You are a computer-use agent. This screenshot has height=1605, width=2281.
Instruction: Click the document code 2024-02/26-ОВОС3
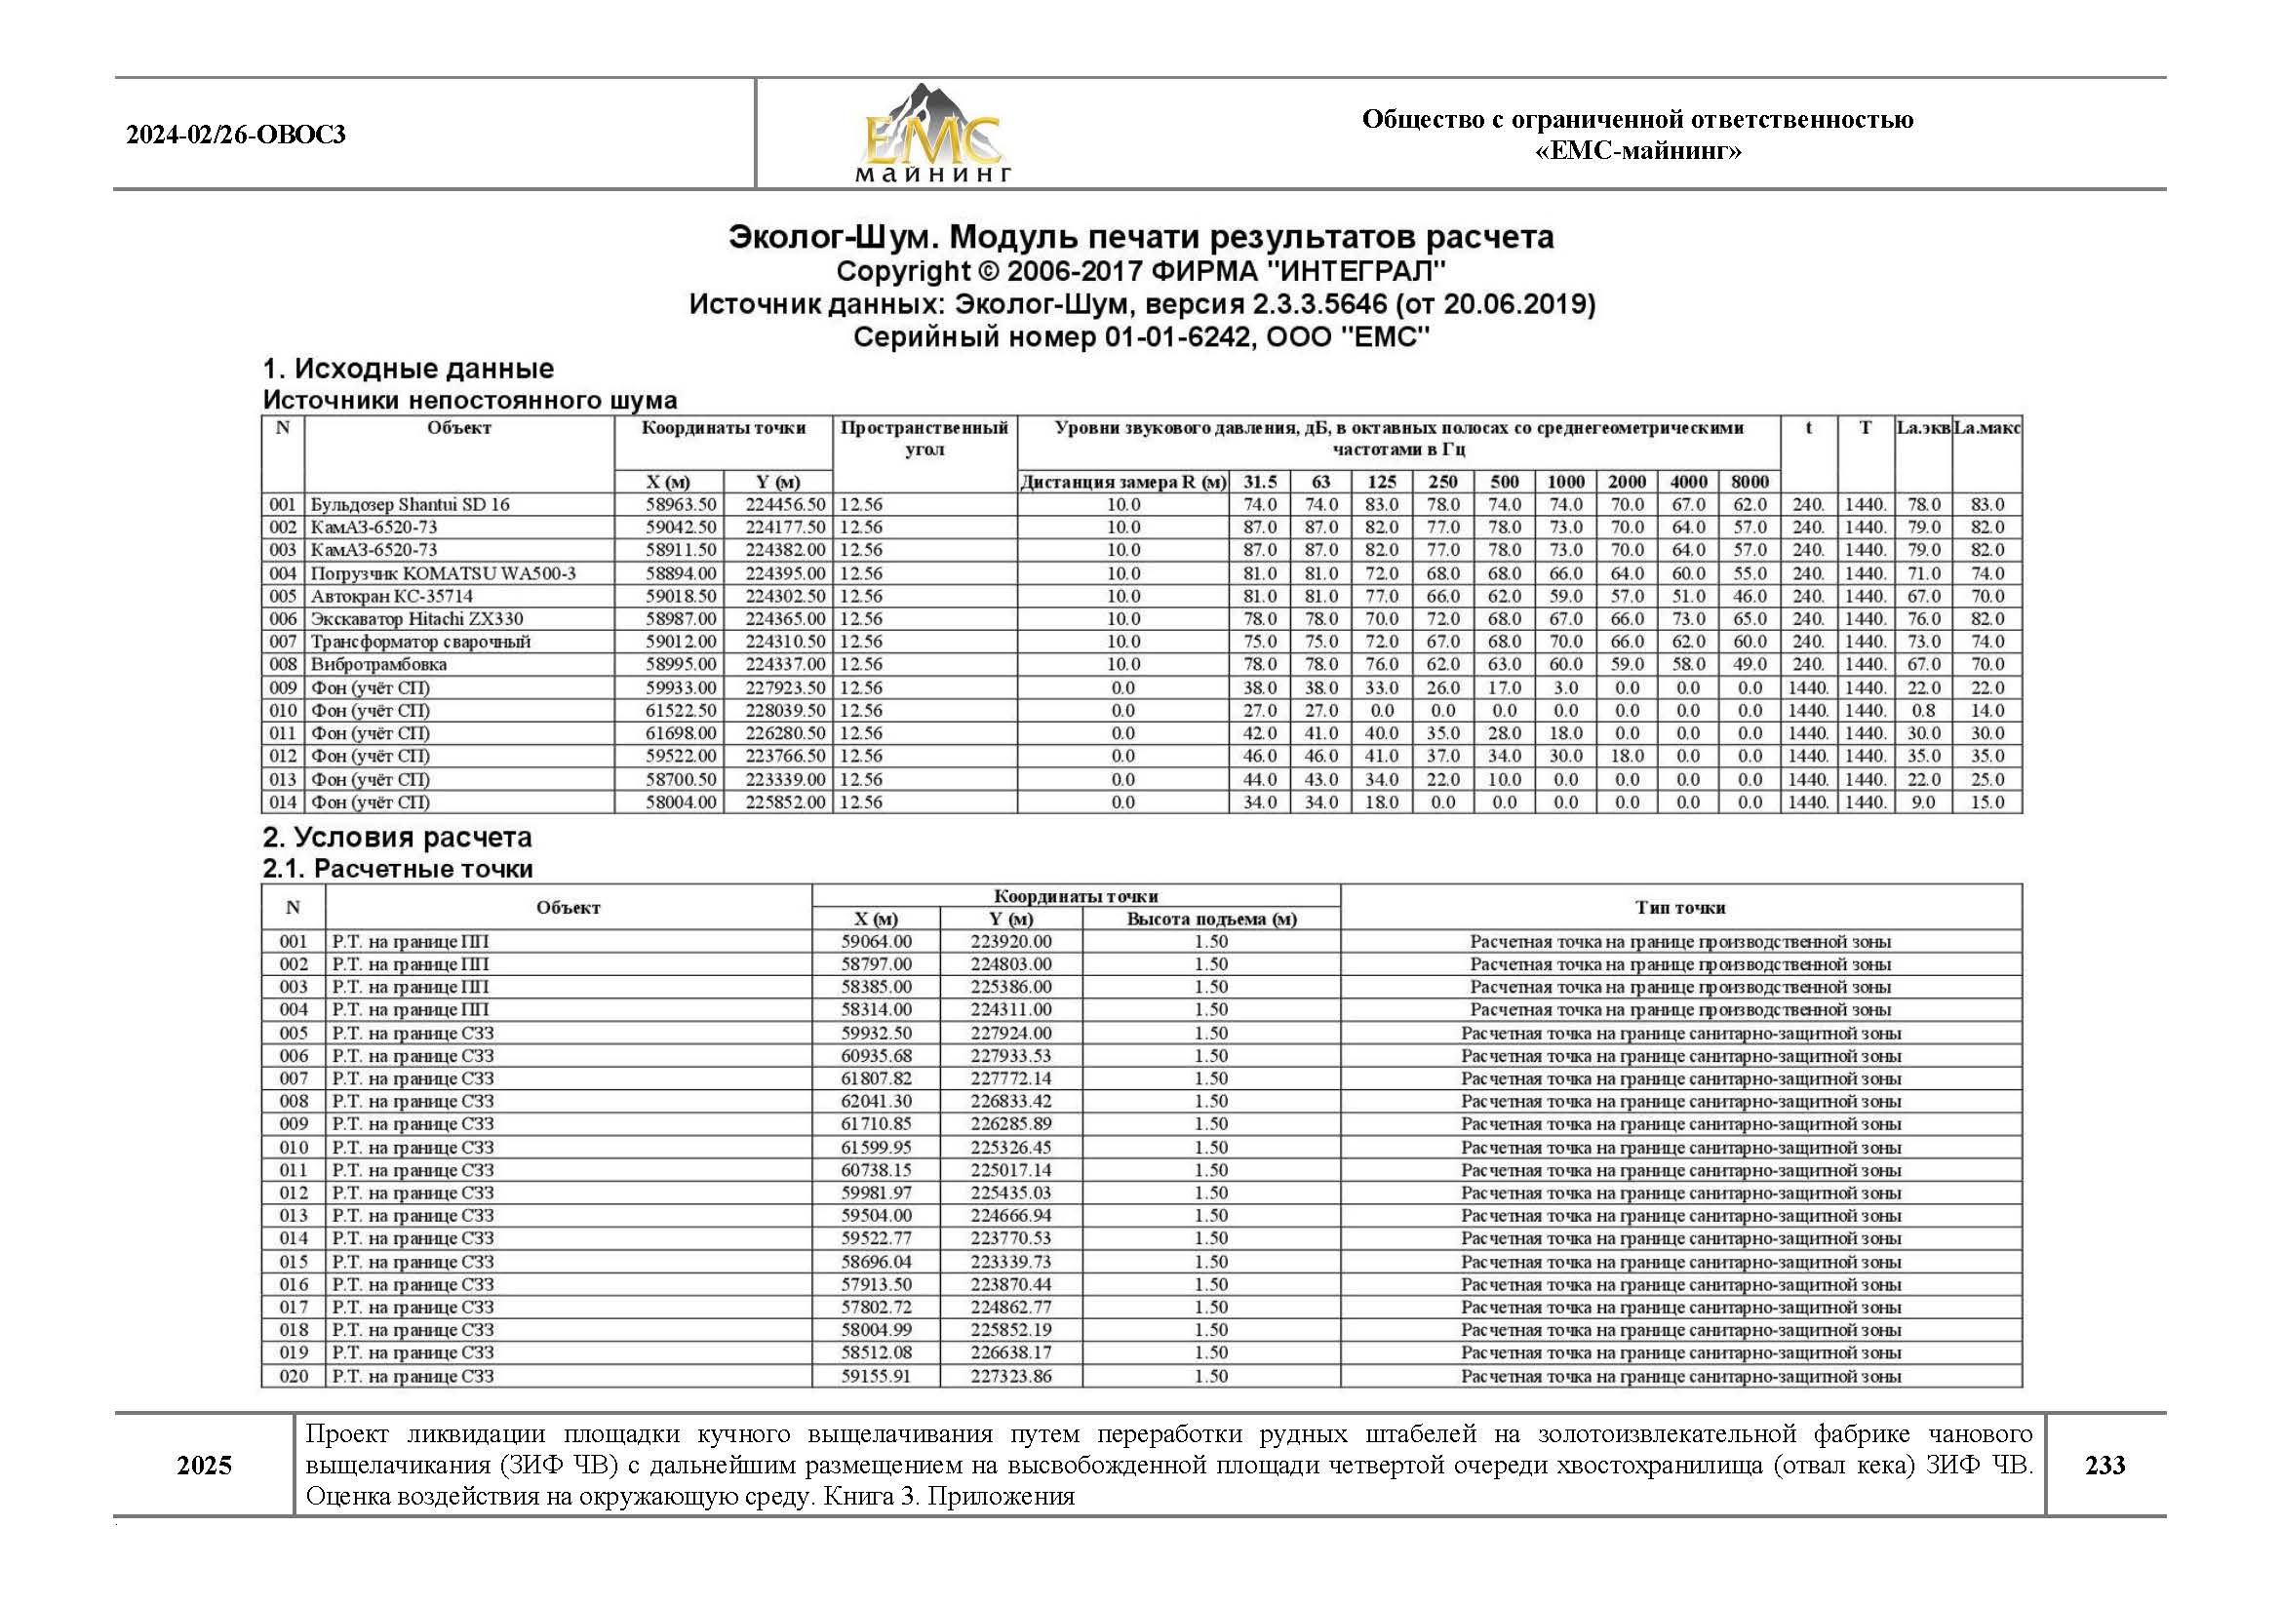click(235, 136)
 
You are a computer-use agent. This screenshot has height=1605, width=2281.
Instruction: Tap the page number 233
click(2104, 1465)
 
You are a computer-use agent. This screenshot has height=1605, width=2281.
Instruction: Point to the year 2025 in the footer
click(204, 1466)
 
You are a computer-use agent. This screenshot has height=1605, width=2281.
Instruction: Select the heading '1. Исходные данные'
click(408, 369)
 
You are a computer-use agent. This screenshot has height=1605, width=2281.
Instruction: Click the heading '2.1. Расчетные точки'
click(397, 869)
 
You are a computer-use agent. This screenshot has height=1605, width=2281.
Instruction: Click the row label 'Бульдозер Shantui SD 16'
click(410, 504)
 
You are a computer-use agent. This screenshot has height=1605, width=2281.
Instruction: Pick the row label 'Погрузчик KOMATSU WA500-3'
click(442, 573)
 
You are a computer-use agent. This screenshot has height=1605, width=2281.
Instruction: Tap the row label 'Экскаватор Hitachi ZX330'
click(416, 619)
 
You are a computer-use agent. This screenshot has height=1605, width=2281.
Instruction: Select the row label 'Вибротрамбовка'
click(377, 664)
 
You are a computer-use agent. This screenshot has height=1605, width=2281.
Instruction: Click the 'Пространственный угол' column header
click(924, 438)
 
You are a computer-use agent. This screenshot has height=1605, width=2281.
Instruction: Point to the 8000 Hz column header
click(1750, 482)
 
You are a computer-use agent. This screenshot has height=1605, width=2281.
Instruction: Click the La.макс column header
click(1986, 428)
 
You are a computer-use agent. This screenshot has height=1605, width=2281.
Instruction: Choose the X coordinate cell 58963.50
click(681, 504)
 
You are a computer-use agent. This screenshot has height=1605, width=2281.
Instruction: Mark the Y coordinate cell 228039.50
click(785, 710)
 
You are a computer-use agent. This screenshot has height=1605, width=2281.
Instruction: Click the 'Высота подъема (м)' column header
click(1211, 920)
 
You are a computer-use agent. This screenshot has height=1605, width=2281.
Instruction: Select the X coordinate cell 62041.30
click(875, 1102)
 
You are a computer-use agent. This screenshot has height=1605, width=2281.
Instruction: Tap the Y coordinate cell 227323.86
click(1010, 1377)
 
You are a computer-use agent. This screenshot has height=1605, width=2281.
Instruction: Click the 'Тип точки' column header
click(1680, 908)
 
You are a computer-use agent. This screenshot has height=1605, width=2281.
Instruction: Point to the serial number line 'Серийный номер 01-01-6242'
click(1141, 337)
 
